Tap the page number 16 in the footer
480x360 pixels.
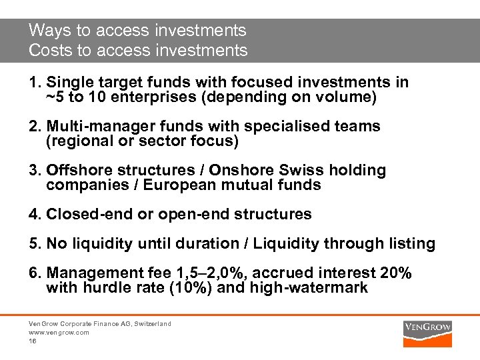coord(32,341)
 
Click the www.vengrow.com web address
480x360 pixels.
coord(59,332)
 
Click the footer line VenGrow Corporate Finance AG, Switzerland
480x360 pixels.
coord(99,323)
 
